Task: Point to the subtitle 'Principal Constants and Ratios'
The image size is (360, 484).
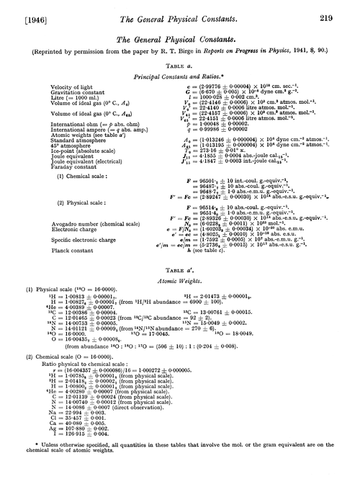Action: (179, 94)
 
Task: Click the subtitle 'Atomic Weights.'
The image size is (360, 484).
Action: (179, 284)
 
